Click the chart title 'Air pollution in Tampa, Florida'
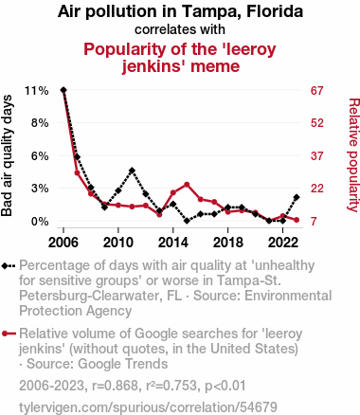180,12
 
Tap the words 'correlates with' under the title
180,29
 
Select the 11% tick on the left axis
37,91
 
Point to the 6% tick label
40,156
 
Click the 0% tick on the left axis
40,222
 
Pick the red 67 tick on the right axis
317,91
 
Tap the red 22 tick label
317,189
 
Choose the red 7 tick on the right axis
314,222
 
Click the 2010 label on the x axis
118,243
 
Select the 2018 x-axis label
227,243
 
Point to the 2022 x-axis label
282,243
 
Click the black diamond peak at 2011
132,171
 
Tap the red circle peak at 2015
187,185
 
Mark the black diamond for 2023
297,197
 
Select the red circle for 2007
77,172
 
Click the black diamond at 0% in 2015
187,221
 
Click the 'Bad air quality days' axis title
7,155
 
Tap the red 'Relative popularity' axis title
353,155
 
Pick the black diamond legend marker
5,265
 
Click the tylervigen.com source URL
148,407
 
